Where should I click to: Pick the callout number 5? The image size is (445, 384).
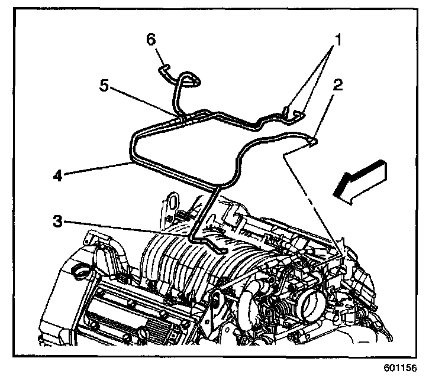click(104, 85)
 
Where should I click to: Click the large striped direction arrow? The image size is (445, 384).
click(360, 184)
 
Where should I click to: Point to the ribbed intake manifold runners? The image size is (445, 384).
click(178, 260)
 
